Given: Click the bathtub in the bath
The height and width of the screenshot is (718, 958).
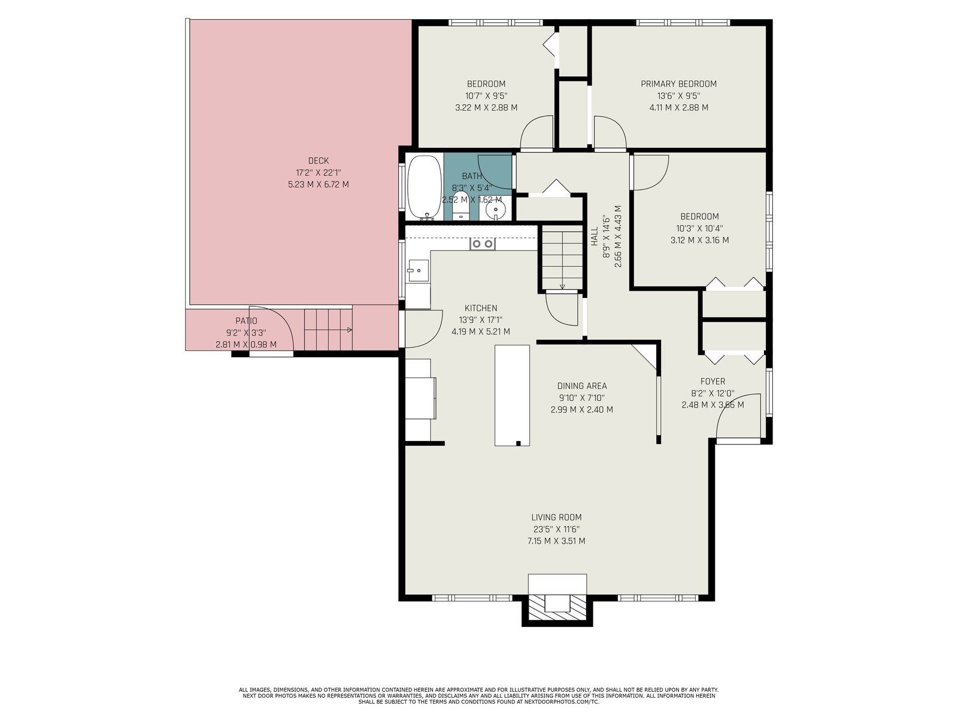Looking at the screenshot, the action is point(425,187).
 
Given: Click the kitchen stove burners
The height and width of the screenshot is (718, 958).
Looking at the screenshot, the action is point(482,244).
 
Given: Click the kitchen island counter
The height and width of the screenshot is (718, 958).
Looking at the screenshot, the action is point(512,395).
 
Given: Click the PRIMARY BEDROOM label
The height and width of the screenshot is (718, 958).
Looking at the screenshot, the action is point(678,84).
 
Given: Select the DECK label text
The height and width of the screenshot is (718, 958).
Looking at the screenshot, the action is point(318,161).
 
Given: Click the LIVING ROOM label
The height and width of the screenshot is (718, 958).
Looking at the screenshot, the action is point(556,518).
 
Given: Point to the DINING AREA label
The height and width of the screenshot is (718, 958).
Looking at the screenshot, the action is point(582,386).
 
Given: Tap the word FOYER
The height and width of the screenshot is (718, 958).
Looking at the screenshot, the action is point(713,382).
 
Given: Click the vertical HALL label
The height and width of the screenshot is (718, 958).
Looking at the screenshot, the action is point(595,236).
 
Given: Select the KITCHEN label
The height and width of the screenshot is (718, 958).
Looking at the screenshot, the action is point(481,308).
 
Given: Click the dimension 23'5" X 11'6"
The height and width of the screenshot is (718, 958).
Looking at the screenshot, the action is point(556,530).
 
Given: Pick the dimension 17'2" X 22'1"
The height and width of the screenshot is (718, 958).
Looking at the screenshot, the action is point(318,173).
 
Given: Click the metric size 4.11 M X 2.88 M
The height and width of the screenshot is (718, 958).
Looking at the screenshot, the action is point(678,107).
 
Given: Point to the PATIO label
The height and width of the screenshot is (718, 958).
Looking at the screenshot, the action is point(246,321).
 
